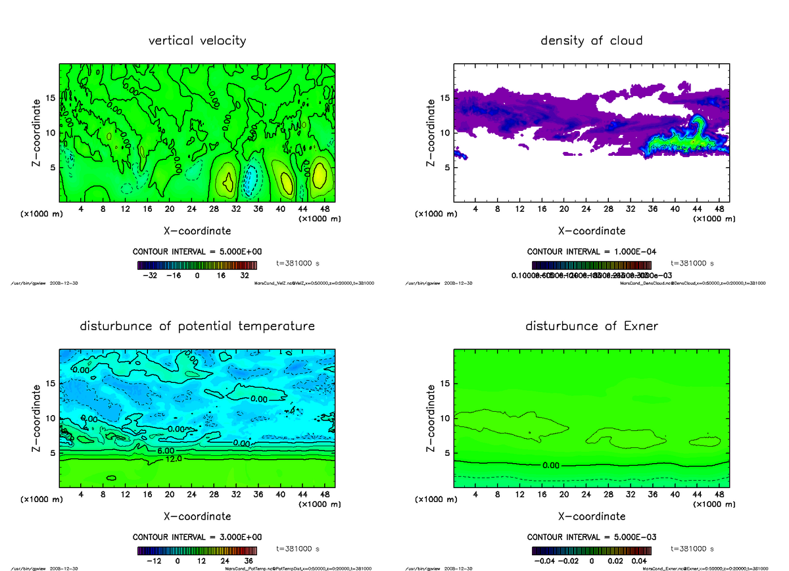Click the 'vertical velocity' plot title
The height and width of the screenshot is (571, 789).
[x=197, y=41]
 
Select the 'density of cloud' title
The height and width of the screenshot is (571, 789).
[x=591, y=41]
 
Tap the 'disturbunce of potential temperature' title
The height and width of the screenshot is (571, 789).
[x=197, y=326]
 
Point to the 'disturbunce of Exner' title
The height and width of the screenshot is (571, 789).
[x=591, y=326]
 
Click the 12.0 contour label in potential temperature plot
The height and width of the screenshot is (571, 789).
[x=172, y=459]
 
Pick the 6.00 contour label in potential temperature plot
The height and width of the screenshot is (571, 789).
[x=164, y=451]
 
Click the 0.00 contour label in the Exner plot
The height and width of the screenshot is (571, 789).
[x=552, y=465]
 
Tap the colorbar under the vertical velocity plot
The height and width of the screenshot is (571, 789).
[x=197, y=265]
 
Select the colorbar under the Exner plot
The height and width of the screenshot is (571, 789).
[x=591, y=551]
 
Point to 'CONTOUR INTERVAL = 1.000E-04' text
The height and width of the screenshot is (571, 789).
[x=591, y=251]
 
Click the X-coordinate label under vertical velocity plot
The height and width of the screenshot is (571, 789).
[x=197, y=231]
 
